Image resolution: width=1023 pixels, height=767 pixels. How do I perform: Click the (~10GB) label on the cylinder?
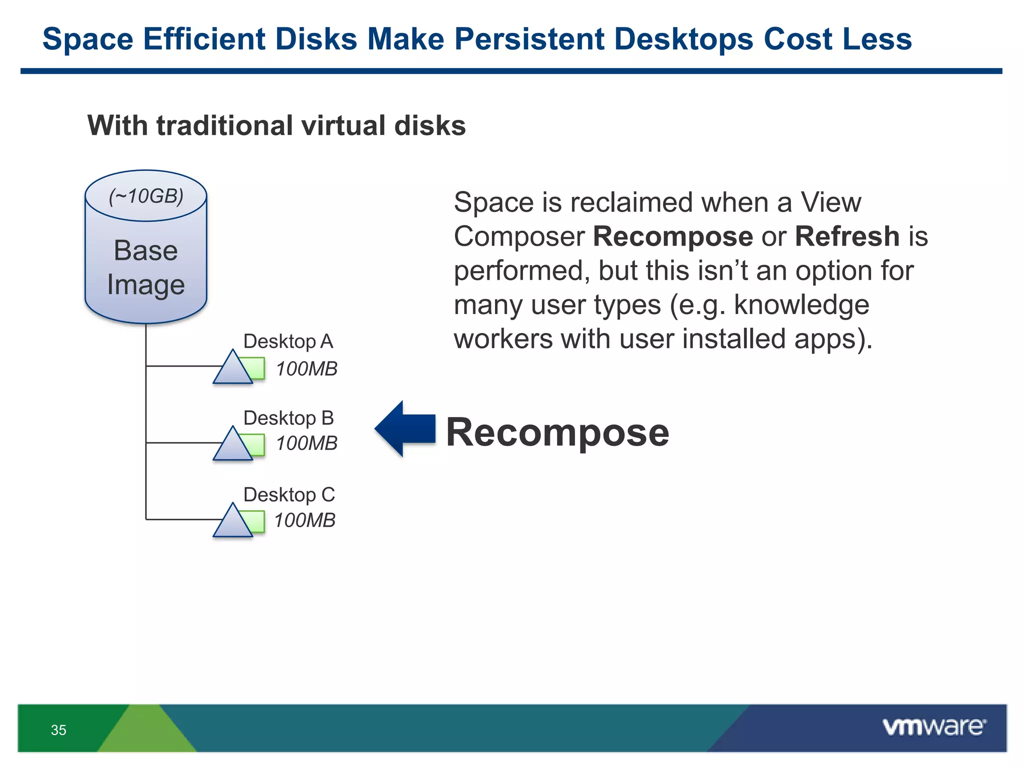coord(146,196)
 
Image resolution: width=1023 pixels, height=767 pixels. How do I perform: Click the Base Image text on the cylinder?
coord(146,268)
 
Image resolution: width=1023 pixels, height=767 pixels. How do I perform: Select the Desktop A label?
coord(288,342)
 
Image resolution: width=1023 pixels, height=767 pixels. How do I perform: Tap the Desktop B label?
coord(288,418)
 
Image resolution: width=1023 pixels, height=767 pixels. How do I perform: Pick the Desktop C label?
coord(289,495)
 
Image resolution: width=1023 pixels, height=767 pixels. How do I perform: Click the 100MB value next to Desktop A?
coord(307,369)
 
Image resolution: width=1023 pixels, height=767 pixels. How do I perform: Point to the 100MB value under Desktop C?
coord(305,520)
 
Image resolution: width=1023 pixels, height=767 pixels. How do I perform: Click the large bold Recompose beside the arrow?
coord(557,432)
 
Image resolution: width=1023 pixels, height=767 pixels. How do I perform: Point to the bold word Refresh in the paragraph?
coord(847,236)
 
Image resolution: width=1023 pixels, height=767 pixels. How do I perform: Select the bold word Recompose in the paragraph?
coord(672,236)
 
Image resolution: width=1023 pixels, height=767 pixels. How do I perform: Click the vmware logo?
coord(934,727)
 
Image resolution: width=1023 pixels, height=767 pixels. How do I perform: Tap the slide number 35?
coord(58,730)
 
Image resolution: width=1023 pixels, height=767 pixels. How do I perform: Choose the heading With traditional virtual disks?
coord(276,125)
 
